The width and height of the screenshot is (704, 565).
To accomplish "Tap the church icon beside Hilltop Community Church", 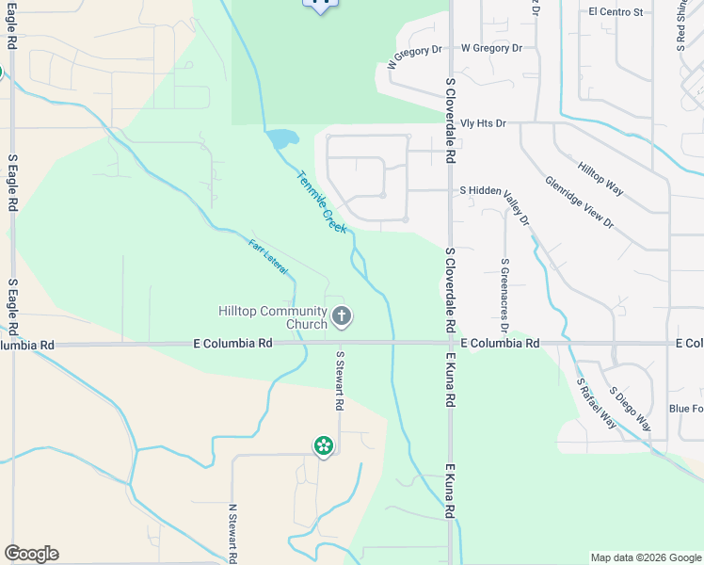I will click(342, 316).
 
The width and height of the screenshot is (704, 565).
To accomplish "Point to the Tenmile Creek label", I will click(322, 202).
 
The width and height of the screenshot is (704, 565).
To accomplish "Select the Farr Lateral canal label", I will click(268, 257).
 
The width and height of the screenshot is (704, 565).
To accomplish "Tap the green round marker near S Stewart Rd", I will click(324, 445).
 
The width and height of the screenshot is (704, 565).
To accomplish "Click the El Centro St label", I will click(616, 12).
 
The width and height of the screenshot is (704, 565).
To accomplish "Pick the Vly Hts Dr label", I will click(484, 123).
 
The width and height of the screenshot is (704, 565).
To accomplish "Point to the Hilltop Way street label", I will click(600, 177).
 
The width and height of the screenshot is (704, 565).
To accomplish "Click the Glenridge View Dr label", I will click(579, 202).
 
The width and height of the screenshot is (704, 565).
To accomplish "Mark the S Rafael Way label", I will click(597, 403).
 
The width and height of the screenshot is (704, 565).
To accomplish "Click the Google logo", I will click(31, 554).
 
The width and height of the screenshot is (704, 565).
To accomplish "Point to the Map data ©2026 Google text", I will click(645, 557).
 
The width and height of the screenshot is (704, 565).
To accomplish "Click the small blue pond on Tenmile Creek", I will click(281, 139).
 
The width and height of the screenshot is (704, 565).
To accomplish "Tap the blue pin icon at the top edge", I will click(320, 5).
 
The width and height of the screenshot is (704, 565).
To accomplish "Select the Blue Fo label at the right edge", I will click(685, 409).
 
